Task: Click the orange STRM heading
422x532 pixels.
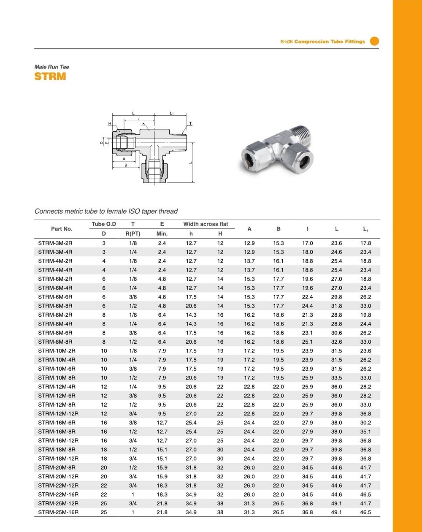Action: (x=50, y=77)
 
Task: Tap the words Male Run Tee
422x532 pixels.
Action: (x=51, y=67)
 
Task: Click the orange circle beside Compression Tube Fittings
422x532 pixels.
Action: (x=374, y=41)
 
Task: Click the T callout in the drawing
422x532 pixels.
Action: (x=190, y=124)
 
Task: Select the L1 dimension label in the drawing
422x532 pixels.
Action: (x=172, y=113)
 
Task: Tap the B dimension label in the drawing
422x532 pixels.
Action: (x=126, y=165)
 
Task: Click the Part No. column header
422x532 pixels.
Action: (x=62, y=229)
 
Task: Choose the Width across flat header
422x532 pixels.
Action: (x=206, y=224)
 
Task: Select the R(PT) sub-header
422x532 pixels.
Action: (x=133, y=233)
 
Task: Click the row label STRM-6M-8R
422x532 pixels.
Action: (x=55, y=306)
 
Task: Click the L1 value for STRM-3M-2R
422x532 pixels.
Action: (x=365, y=243)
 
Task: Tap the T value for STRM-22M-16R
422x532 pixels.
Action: (x=133, y=494)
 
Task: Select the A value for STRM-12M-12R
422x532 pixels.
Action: (x=249, y=414)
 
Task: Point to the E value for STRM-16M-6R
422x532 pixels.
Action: (x=162, y=422)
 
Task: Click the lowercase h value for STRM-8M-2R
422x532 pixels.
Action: (x=191, y=315)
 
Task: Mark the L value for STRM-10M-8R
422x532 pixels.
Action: (x=336, y=378)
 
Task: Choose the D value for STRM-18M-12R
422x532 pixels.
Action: (x=104, y=458)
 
